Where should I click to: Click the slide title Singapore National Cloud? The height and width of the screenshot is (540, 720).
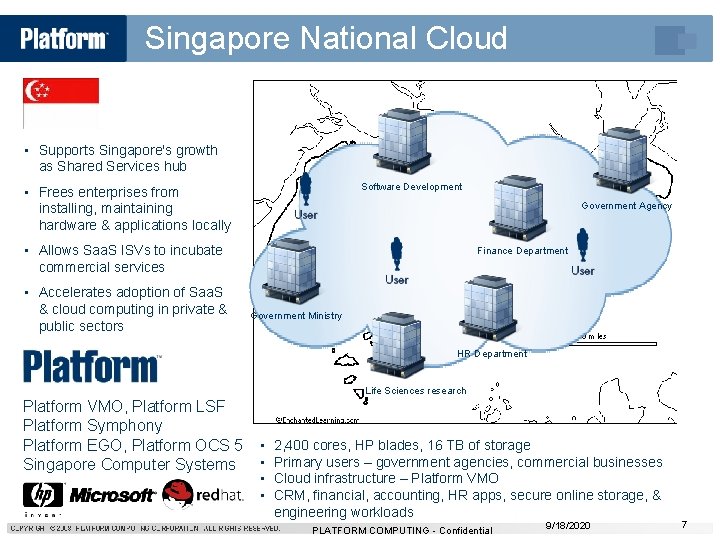326,39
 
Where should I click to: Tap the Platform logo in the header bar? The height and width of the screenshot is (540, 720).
63,39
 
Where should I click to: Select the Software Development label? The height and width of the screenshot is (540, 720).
412,187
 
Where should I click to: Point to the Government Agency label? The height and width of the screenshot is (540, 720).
627,206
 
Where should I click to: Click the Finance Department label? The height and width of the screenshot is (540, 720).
522,251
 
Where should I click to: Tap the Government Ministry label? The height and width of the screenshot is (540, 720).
296,316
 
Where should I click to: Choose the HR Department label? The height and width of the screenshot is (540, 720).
492,354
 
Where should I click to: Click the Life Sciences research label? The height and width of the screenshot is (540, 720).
416,391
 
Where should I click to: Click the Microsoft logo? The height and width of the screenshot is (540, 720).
112,495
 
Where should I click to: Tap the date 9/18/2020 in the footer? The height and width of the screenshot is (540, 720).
569,525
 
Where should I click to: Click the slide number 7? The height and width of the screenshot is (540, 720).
684,525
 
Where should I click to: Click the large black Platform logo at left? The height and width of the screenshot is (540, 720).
91,366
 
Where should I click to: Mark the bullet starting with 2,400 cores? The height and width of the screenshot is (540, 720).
402,445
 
